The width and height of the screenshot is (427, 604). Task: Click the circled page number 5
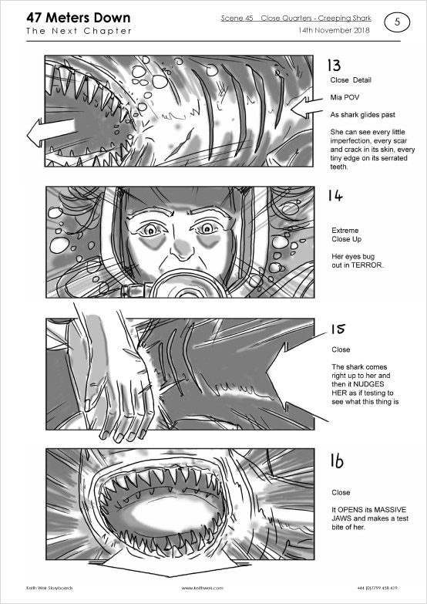point(397,22)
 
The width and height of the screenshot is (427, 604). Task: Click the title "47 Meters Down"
point(78,18)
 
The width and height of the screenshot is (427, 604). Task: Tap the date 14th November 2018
point(334,30)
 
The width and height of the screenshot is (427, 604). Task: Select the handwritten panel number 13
point(334,65)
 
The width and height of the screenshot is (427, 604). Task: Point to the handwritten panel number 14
point(335,196)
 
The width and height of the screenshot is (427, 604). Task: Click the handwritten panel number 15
point(338,329)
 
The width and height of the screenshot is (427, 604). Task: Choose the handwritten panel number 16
point(337,461)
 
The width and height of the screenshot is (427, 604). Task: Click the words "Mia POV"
point(345,97)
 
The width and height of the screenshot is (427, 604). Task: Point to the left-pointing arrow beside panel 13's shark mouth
point(50,132)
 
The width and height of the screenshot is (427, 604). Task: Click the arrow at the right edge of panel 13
point(307,107)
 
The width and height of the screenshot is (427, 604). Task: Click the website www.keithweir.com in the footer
point(202,588)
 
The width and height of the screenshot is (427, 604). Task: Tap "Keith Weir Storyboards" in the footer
point(49,588)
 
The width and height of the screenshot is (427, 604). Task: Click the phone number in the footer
point(378,588)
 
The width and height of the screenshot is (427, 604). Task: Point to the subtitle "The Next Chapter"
point(79,31)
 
